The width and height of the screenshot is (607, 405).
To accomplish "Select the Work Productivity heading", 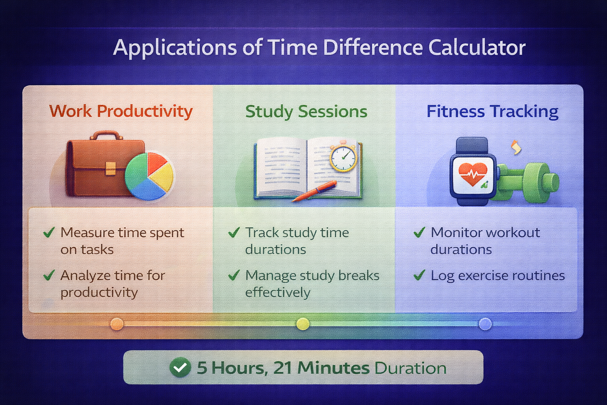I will tap(121, 111).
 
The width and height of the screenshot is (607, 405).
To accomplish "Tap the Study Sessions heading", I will tap(306, 112).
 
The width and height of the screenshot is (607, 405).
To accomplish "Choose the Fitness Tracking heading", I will tap(492, 112).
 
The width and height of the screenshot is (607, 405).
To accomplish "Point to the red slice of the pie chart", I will tap(155, 162).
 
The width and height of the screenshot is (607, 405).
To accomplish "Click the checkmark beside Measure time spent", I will tap(49, 232).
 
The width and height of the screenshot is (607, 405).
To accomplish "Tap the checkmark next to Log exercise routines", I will tap(419, 275).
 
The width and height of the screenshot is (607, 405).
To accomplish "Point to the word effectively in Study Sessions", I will tap(277, 292).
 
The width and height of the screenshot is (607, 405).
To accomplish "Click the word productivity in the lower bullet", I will tap(99, 292).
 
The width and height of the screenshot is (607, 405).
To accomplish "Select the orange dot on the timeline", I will tap(117, 324).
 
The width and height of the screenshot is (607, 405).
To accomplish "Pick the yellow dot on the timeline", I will tap(303, 324).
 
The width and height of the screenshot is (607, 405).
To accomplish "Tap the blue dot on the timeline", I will tap(485, 324).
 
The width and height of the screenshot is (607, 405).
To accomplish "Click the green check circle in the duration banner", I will tap(180, 367).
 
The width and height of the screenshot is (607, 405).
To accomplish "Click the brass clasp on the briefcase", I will tap(111, 168).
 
